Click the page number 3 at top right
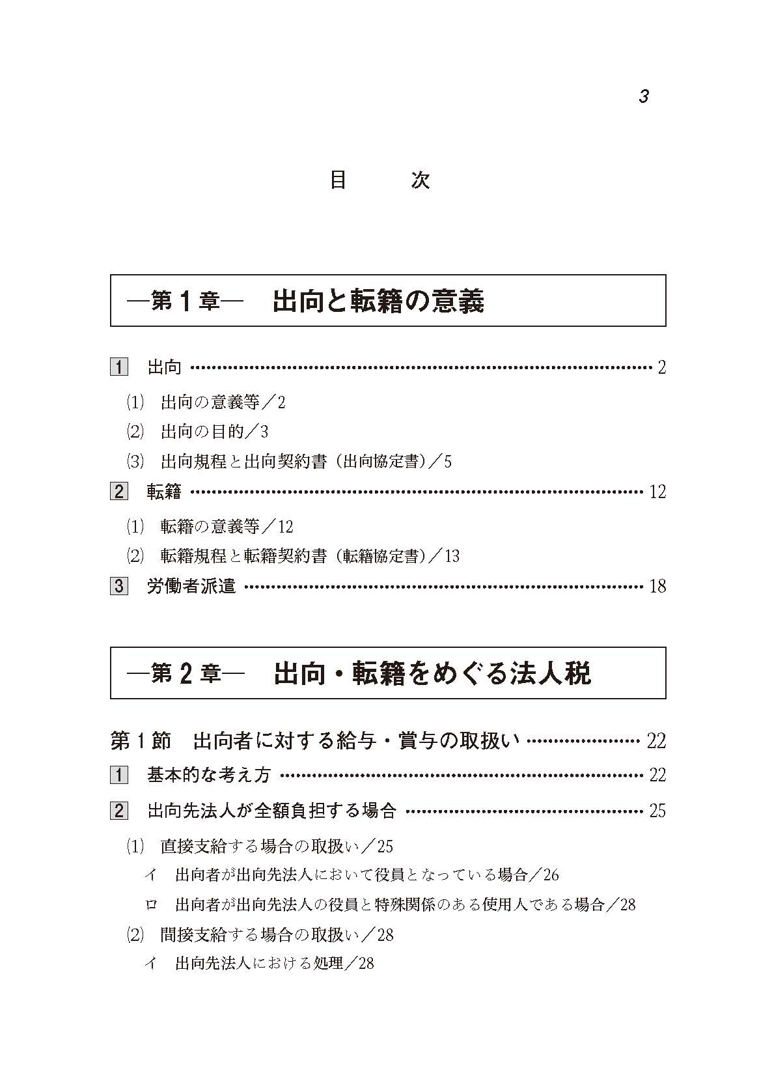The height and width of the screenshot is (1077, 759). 643,97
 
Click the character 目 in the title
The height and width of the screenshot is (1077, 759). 337,180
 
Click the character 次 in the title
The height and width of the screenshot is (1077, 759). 421,180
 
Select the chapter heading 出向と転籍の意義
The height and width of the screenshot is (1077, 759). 378,301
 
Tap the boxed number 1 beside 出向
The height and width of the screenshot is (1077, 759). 118,367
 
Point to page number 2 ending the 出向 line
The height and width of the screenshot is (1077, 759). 661,368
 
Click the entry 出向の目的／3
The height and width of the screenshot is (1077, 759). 214,432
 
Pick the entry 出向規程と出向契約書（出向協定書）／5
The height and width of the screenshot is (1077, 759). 306,462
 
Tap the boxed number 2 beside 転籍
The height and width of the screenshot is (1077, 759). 118,492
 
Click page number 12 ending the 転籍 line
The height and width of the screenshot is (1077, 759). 657,492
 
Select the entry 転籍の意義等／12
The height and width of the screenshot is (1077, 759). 227,526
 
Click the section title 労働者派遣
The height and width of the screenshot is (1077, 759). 191,586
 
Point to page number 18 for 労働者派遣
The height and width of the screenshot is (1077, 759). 657,586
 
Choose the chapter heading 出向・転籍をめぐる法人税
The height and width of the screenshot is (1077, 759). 432,673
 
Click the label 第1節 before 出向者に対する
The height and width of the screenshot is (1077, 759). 141,740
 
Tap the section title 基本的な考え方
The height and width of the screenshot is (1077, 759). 208,775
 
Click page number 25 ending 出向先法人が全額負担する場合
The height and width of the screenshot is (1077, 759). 657,811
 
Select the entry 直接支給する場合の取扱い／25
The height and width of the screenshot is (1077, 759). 277,846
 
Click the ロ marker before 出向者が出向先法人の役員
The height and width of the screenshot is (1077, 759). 151,904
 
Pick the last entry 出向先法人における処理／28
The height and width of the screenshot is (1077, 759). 274,964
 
